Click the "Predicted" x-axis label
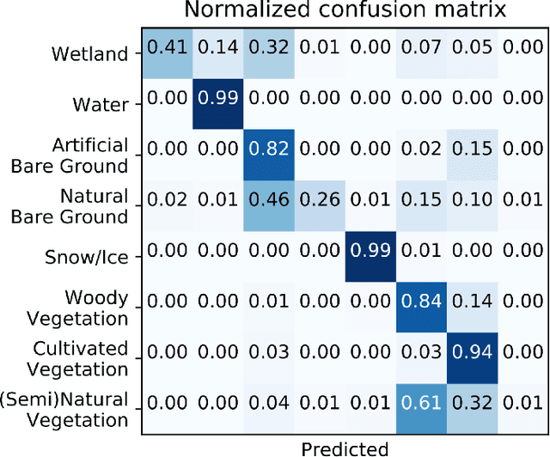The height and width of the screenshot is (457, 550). [x=345, y=447]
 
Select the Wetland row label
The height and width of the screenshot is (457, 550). [x=89, y=53]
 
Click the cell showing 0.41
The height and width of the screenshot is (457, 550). [x=168, y=53]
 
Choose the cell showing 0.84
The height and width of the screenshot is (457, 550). [x=420, y=306]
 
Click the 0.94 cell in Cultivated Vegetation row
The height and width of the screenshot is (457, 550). [x=471, y=356]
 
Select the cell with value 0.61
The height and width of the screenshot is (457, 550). [x=420, y=407]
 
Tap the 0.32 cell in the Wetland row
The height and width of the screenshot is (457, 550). [x=269, y=53]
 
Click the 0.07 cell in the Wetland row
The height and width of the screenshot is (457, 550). [x=420, y=53]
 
